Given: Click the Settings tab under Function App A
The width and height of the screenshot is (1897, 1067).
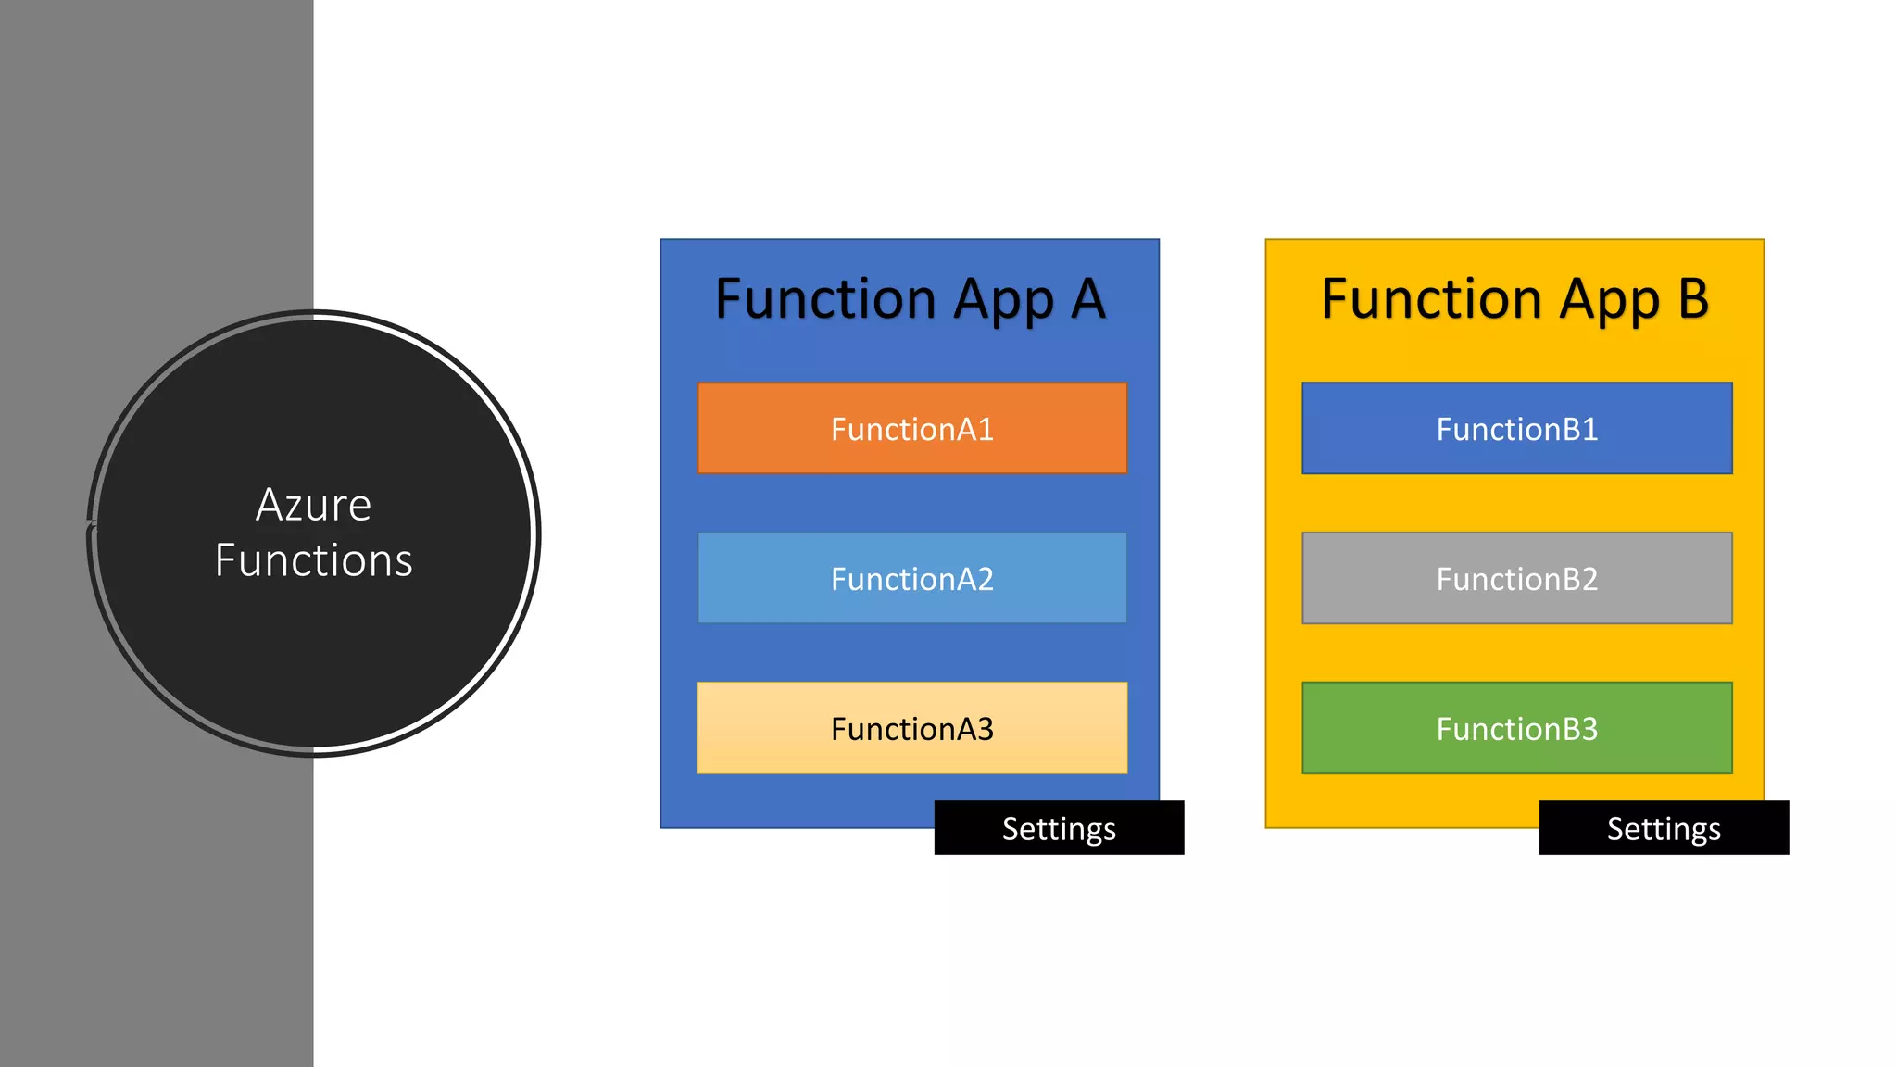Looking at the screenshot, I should coord(1059,828).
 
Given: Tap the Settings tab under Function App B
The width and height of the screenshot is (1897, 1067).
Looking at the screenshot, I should coord(1664,828).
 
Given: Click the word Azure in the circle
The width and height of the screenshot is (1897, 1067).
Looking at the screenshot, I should coord(313,506).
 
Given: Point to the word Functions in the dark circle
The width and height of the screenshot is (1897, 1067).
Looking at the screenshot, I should coord(313,561).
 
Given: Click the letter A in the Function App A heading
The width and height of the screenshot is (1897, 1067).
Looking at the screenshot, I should coord(1088,299).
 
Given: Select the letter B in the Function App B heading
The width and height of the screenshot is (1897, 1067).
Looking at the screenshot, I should coord(1693,299).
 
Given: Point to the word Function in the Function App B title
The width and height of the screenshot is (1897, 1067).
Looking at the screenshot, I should coord(1431,299).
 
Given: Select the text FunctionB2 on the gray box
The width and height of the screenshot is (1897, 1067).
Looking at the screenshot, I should coord(1516,579).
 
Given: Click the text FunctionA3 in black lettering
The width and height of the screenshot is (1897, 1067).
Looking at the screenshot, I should coord(911,729).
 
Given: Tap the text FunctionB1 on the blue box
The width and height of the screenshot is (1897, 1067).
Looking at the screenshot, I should coord(1516,429).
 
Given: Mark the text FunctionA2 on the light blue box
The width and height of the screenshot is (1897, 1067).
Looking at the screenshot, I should coord(911,579).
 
